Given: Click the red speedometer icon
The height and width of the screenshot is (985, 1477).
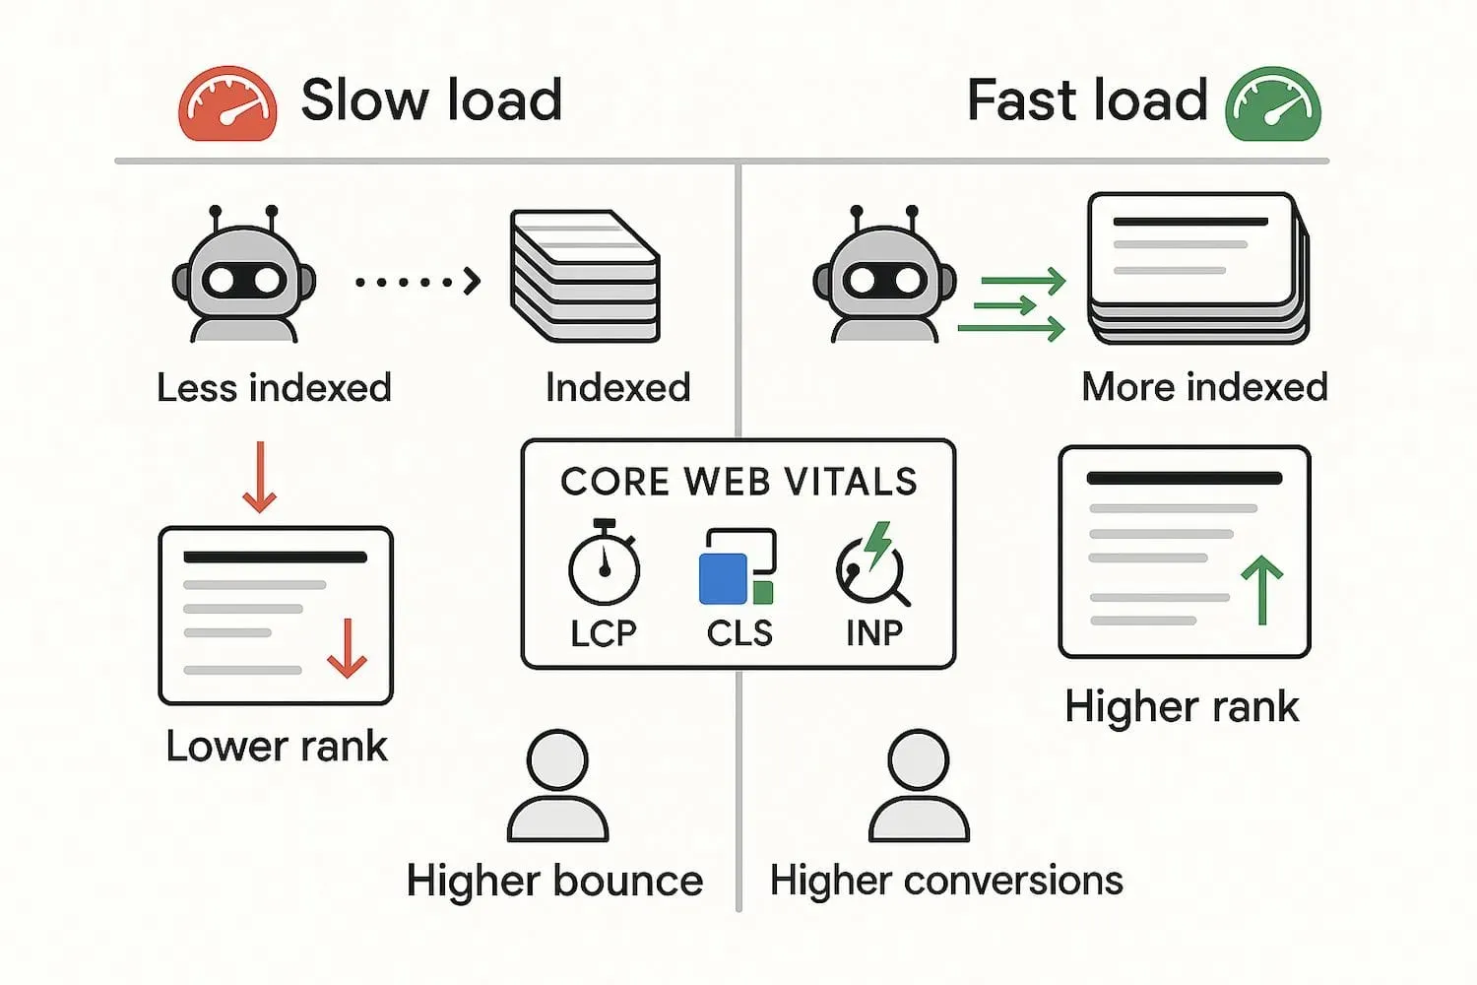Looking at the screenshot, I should pos(227,103).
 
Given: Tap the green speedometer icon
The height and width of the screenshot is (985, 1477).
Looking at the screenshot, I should pos(1272,104).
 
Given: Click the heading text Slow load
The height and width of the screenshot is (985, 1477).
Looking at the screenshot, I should pos(431,100).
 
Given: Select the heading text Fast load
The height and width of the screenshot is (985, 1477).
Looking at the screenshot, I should pos(1087,100).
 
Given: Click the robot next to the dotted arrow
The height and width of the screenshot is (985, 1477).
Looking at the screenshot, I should pos(244,276).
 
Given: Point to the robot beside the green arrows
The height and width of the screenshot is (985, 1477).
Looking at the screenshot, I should pos(884,276).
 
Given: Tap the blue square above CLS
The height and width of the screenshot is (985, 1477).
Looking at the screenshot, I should pos(723,578).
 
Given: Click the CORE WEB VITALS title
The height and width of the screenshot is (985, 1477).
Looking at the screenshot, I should pos(738,482).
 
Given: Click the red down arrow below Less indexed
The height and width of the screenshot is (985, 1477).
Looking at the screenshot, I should pos(260,478).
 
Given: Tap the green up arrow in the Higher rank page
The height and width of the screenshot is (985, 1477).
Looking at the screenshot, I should pos(1261,590).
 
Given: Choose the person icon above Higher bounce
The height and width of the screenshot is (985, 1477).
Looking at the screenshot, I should pos(557,785).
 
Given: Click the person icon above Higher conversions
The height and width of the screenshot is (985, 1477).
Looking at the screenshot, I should pos(919,785).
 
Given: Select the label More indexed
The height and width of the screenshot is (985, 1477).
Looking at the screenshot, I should pos(1204,387).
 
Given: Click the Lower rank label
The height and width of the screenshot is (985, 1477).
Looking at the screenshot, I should pos(277,747).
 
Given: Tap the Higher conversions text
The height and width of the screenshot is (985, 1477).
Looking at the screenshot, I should pos(946,881).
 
